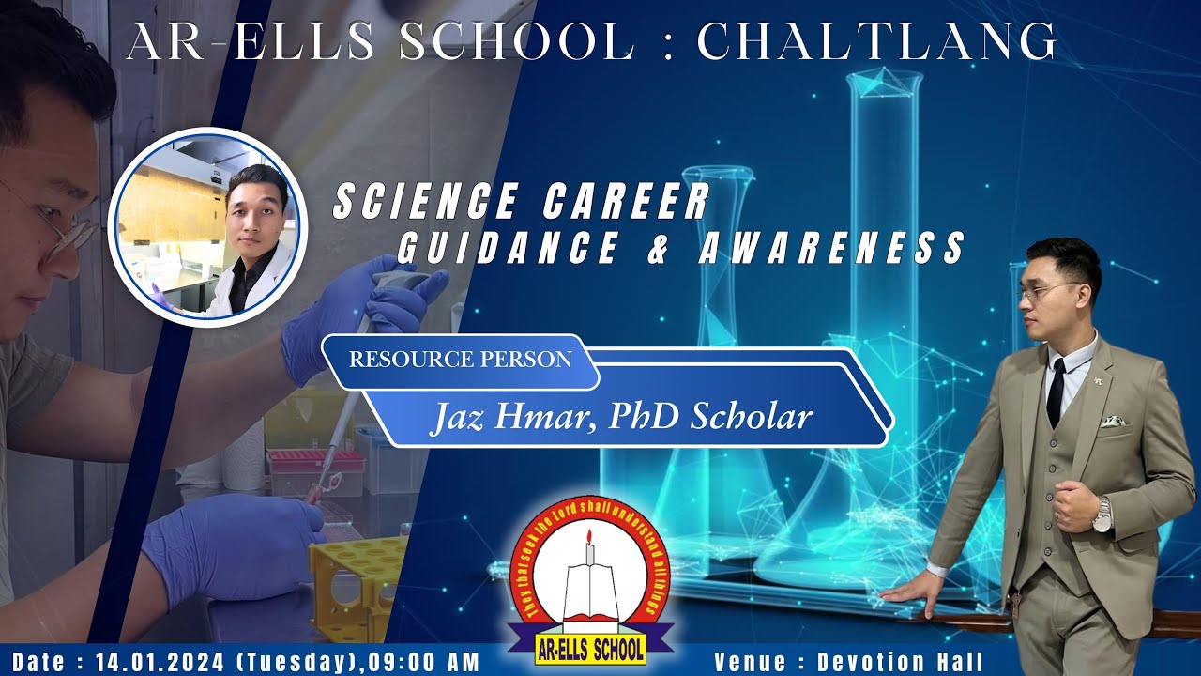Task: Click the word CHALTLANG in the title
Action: pos(876,42)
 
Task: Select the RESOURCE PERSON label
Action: pos(460,360)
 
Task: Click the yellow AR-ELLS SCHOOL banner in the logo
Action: pos(589,648)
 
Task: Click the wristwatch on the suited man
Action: pos(1102,515)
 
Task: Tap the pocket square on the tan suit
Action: pos(1114,421)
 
